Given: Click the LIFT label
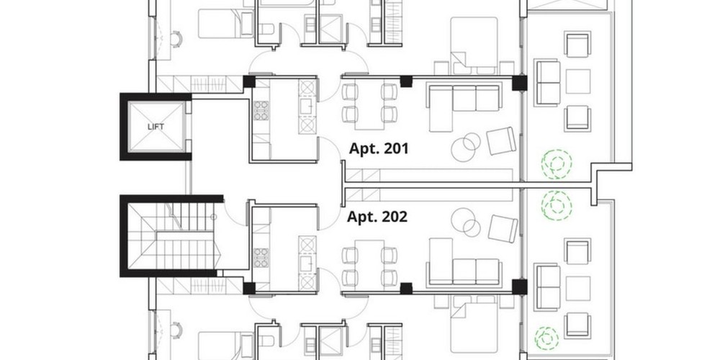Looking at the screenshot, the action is click(156, 127).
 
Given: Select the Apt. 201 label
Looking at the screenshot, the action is click(379, 149).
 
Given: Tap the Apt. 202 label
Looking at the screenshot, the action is click(377, 217).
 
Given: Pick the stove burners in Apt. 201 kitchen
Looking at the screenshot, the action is click(261, 110).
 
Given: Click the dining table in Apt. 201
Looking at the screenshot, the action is click(369, 106).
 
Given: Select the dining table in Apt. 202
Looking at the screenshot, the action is click(369, 263).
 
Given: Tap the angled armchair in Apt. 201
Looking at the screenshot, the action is click(501, 140).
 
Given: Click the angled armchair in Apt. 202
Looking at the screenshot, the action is click(503, 228).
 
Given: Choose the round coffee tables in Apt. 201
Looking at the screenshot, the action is click(466, 146).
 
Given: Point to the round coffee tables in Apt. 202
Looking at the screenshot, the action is click(466, 222).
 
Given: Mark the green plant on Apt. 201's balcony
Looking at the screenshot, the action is click(557, 164).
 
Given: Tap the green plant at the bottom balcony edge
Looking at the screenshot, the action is click(546, 338).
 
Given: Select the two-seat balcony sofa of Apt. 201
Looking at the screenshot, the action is click(548, 83).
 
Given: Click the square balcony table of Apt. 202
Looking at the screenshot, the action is click(577, 289).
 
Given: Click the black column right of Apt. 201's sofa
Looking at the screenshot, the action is click(519, 83).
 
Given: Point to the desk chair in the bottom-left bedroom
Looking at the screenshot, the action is click(176, 329).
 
